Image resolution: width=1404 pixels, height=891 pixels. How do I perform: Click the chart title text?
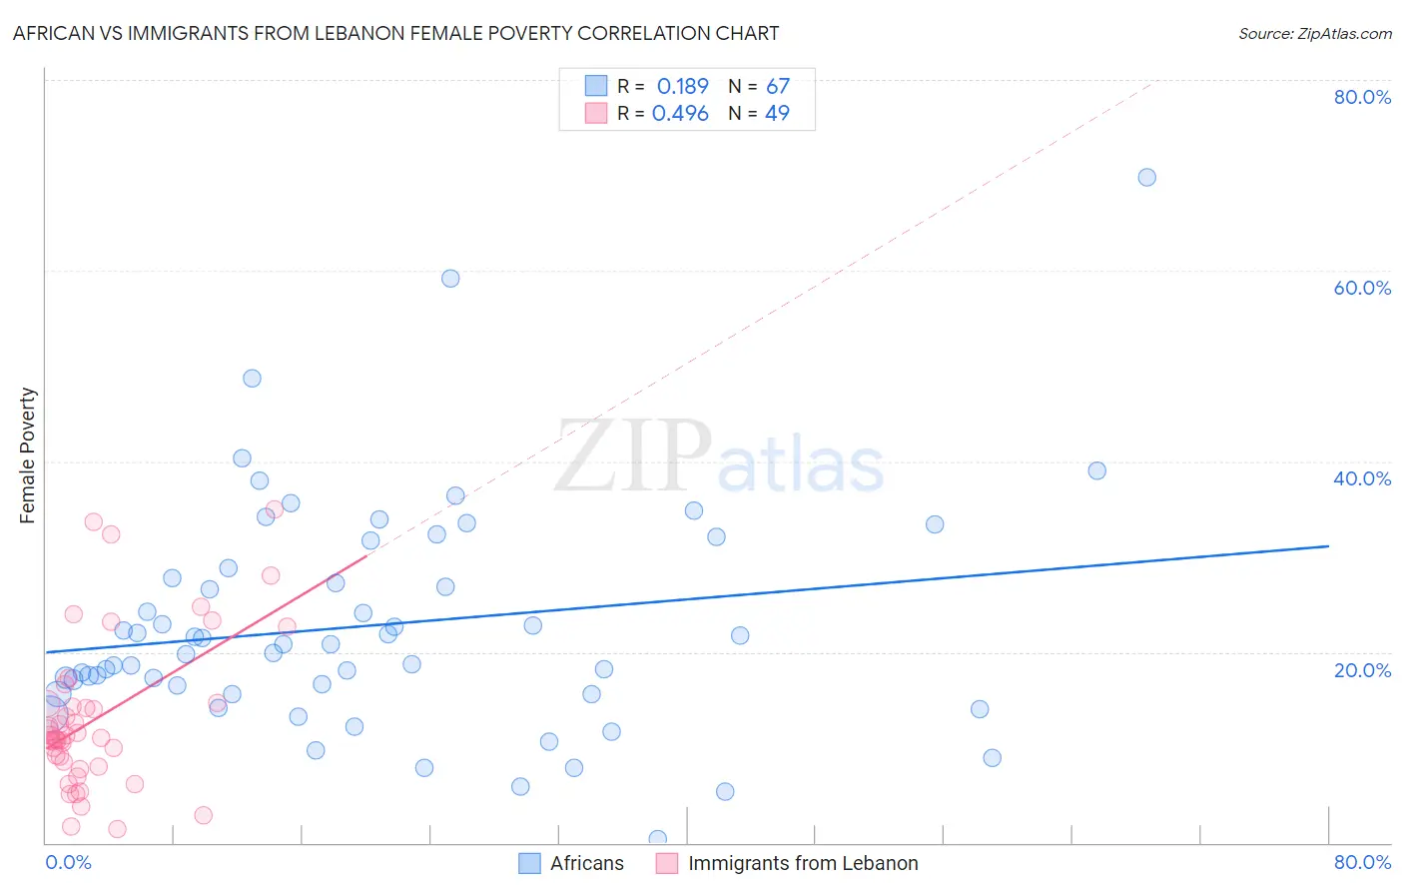[x=395, y=33]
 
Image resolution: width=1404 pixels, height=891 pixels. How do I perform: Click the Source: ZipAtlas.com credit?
[x=1314, y=33]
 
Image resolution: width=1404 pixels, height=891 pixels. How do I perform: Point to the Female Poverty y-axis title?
[x=28, y=455]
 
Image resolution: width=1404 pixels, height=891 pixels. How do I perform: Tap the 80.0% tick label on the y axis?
[x=1362, y=97]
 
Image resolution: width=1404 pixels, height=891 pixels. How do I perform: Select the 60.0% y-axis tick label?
[x=1362, y=288]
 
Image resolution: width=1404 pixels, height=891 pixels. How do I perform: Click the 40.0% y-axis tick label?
[x=1362, y=478]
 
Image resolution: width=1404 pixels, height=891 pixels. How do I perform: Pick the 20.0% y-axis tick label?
[x=1362, y=669]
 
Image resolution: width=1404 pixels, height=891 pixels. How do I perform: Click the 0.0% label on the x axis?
[x=68, y=862]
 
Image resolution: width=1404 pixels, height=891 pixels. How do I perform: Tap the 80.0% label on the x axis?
[x=1362, y=862]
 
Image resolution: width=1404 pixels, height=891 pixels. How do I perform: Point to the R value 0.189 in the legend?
[x=682, y=87]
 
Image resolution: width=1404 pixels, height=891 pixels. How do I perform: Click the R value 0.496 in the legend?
[x=680, y=114]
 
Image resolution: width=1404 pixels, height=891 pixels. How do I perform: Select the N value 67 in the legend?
[x=777, y=87]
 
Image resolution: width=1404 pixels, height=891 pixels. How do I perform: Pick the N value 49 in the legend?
[x=777, y=114]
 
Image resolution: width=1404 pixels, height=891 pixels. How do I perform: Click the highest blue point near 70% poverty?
[x=1146, y=177]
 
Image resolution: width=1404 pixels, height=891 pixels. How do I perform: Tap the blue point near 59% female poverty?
[x=450, y=279]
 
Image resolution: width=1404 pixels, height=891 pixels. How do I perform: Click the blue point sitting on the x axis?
[x=657, y=839]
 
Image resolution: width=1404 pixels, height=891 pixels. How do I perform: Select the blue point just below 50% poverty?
[x=252, y=379]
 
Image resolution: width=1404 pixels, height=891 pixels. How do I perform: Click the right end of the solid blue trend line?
[x=1328, y=546]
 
